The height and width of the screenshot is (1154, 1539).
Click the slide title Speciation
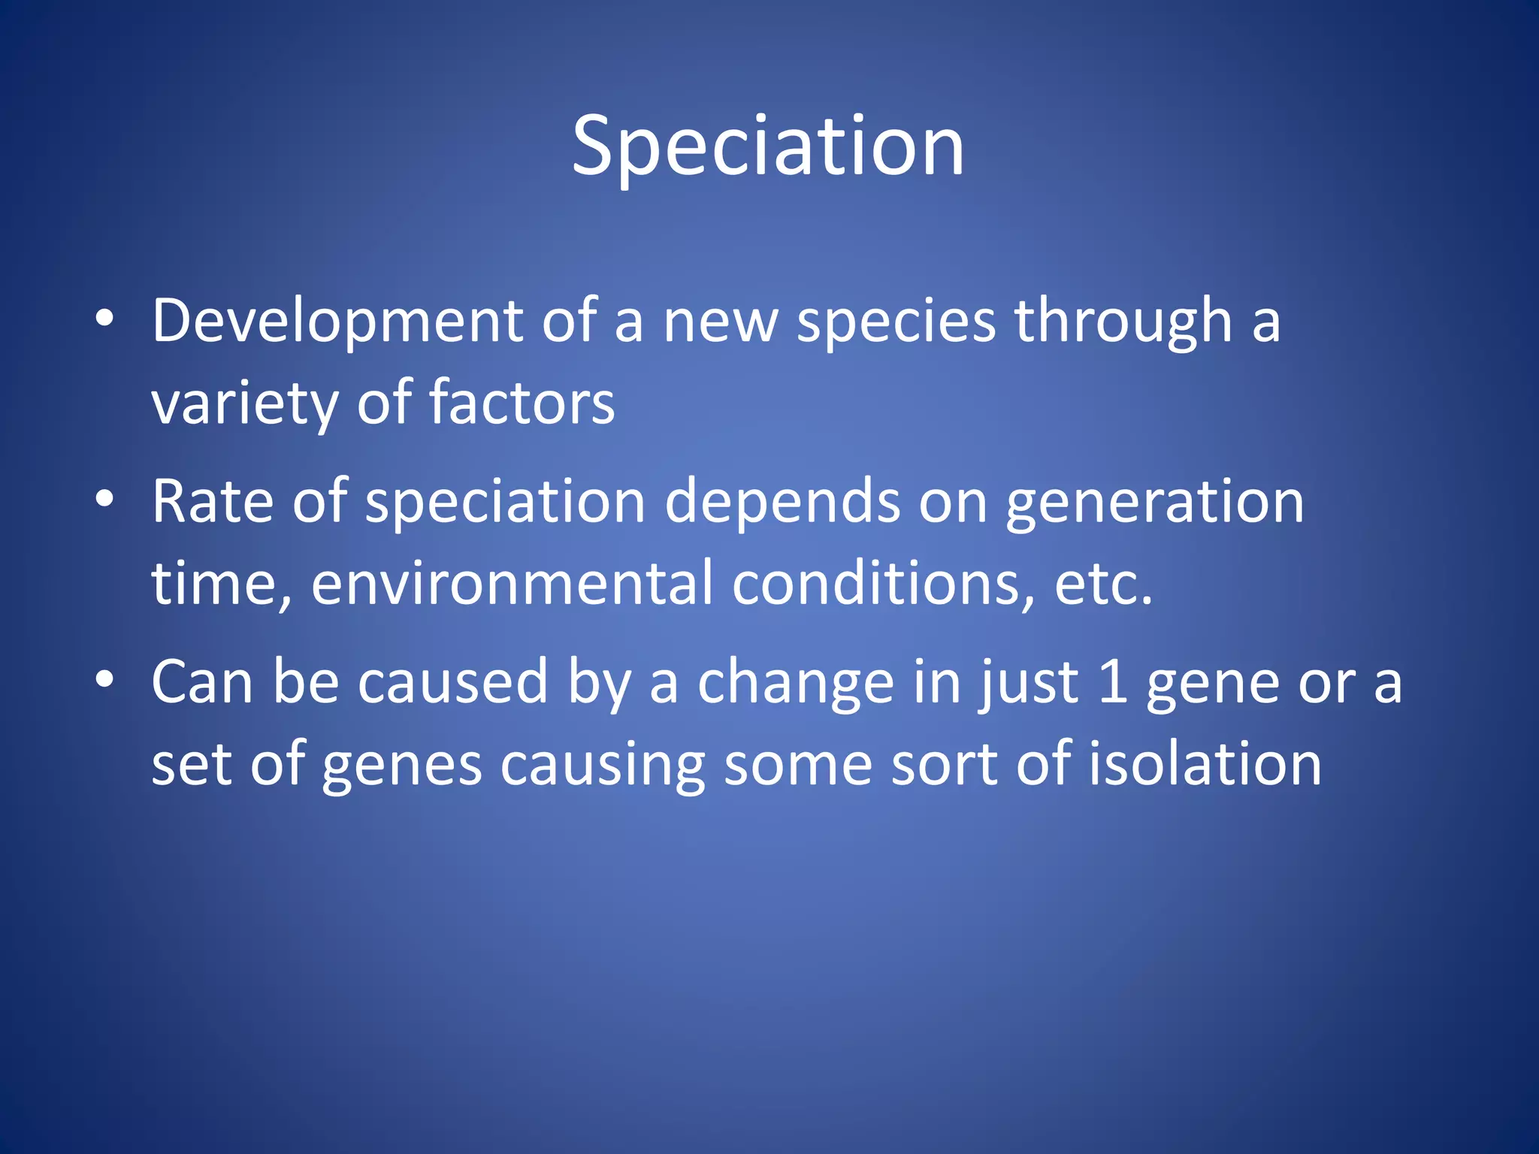(x=768, y=147)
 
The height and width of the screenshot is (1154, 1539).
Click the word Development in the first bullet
(x=337, y=322)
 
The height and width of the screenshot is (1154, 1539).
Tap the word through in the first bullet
(x=1123, y=322)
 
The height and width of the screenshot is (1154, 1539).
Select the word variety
(x=244, y=404)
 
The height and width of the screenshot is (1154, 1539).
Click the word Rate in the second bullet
(x=213, y=501)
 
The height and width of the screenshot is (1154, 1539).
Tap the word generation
(x=1154, y=503)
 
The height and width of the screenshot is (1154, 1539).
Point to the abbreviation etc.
(x=1102, y=585)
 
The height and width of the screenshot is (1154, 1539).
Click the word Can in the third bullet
(x=202, y=682)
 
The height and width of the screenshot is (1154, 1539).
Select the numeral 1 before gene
(x=1111, y=682)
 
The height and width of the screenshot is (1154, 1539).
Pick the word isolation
(x=1205, y=764)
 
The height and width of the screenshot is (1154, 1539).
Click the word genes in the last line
(x=402, y=766)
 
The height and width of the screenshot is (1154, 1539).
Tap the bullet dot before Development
(x=104, y=319)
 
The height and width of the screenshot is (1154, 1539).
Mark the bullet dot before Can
(x=104, y=679)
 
